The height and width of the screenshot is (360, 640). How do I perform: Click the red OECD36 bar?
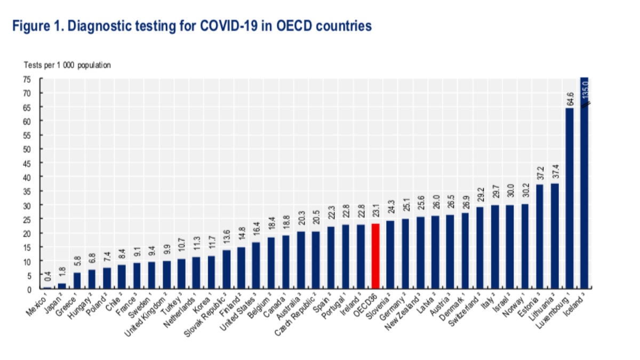pyautogui.click(x=375, y=256)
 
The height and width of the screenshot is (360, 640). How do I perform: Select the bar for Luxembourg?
pyautogui.click(x=569, y=198)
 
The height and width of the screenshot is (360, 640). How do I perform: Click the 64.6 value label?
pyautogui.click(x=569, y=99)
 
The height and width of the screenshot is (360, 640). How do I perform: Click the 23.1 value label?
pyautogui.click(x=375, y=213)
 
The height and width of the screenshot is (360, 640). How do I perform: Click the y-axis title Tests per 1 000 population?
pyautogui.click(x=67, y=65)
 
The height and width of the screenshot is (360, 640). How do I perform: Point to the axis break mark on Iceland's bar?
pyautogui.click(x=584, y=106)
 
